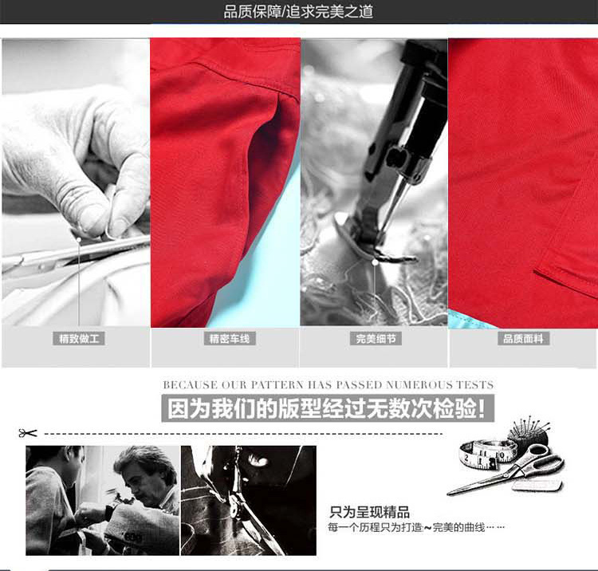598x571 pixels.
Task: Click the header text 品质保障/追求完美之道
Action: [x=298, y=11]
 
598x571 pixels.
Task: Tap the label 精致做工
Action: [x=79, y=339]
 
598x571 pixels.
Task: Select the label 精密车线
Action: [x=230, y=339]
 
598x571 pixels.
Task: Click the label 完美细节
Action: [x=376, y=339]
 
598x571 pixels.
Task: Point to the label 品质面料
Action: [x=523, y=339]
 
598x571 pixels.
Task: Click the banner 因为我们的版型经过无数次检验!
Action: [x=328, y=408]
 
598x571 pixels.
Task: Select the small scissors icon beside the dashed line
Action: [x=28, y=433]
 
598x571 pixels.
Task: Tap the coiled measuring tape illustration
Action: [x=486, y=453]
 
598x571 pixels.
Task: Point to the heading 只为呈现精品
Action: [x=369, y=512]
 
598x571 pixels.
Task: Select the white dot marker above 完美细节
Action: [x=375, y=263]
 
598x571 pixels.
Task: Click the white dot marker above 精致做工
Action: [x=79, y=239]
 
